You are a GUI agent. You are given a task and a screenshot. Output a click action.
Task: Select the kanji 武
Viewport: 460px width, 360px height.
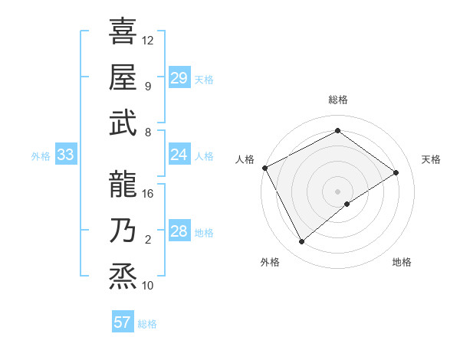[x=123, y=122]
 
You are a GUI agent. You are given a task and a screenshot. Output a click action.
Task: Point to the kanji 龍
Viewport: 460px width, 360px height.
[x=123, y=183]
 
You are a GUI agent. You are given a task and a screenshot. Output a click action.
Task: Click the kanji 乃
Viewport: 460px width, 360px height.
[x=123, y=230]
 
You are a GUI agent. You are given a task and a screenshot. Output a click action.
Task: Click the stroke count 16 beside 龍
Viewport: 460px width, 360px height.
[x=148, y=193]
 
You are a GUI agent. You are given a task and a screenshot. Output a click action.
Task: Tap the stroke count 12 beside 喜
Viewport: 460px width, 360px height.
[x=148, y=40]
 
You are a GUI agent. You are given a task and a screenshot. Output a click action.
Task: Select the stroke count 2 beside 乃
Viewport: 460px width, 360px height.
[x=148, y=240]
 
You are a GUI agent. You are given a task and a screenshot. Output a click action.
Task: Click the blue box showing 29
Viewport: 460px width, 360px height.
[x=179, y=77]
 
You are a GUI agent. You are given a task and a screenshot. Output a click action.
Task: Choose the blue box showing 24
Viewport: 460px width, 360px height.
[x=179, y=155]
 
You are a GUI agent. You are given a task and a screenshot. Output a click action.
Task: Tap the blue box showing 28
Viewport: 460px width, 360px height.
[x=179, y=231]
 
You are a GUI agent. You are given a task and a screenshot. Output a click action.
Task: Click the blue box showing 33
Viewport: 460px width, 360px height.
[x=65, y=155]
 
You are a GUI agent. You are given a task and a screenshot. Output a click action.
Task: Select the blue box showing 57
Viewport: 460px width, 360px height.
[x=122, y=322]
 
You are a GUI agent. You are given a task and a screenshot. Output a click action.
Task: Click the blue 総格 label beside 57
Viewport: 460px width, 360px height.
[x=147, y=324]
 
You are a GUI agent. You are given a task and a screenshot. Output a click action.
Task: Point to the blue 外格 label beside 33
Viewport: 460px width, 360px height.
[x=41, y=156]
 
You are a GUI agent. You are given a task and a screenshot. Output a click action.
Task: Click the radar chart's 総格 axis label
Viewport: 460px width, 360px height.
[x=337, y=100]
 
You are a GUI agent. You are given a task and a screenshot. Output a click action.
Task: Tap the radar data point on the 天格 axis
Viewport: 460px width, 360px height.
[x=396, y=172]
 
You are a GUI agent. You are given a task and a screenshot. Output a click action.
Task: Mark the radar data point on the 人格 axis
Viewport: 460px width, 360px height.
[x=264, y=168]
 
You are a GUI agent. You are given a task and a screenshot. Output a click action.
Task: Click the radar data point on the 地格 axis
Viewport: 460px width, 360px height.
[x=347, y=204]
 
